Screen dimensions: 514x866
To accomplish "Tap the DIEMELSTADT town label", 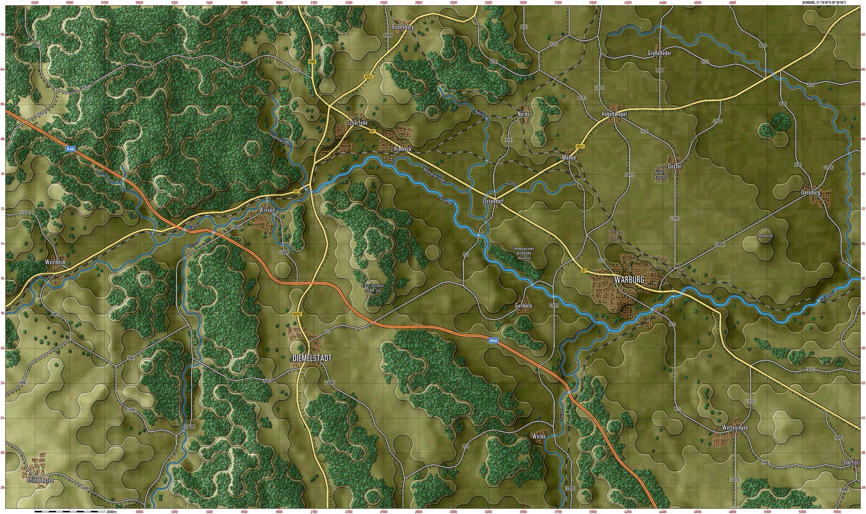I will pos(312,358).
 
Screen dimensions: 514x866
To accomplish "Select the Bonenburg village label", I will pos(403,27).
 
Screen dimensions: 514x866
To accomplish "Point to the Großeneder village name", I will pos(659,53).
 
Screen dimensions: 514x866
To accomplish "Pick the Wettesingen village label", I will pos(735,428).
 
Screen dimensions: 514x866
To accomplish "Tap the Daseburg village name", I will pos(811,192).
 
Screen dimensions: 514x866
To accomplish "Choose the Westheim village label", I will pos(55,262).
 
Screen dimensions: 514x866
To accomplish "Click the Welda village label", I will pos(539,436).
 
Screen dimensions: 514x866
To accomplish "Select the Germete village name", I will pos(523,306).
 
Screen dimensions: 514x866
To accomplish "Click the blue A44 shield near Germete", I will pos(493,341).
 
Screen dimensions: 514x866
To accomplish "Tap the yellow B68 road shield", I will pos(312,62).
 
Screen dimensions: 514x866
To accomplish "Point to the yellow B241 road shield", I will pos(580,146).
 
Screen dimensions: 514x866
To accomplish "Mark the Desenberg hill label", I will pos(765,236).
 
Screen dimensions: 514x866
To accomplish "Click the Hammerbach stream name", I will pos(280,140).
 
